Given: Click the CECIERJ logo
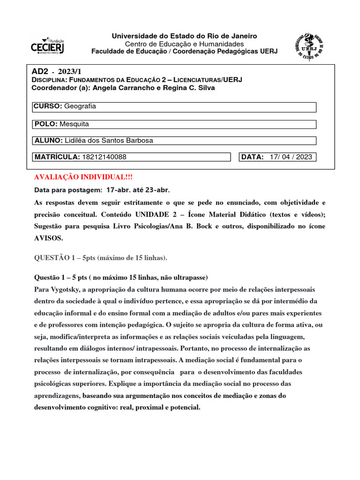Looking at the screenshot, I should tap(47, 45).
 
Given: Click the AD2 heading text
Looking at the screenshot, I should tap(39, 72).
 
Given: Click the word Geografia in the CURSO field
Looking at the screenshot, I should tap(80, 106).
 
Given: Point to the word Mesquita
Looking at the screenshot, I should tap(74, 124).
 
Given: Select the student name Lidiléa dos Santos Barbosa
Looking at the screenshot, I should tap(109, 140).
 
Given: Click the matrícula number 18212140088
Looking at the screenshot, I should tap(104, 157).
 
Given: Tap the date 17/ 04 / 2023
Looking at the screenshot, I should tap(291, 157).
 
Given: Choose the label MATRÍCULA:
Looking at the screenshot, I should tap(57, 157).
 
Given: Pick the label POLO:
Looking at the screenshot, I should tap(46, 124).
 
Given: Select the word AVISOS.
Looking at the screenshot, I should tap(49, 238).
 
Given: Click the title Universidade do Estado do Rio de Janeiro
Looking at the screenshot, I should tap(184, 36).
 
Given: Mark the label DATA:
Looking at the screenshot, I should tap(253, 157).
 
